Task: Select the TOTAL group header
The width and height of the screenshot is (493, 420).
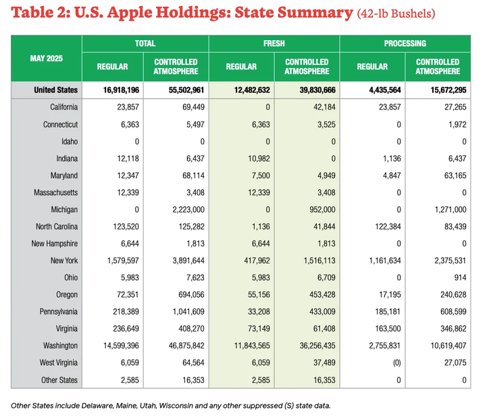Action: pos(145,43)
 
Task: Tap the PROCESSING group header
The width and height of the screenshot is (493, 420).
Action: pos(405,43)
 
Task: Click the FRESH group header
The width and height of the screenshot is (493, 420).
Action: pos(274,43)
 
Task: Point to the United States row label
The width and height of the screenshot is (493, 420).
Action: pos(56,90)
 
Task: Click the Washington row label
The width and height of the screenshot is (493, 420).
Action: pos(59,346)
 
